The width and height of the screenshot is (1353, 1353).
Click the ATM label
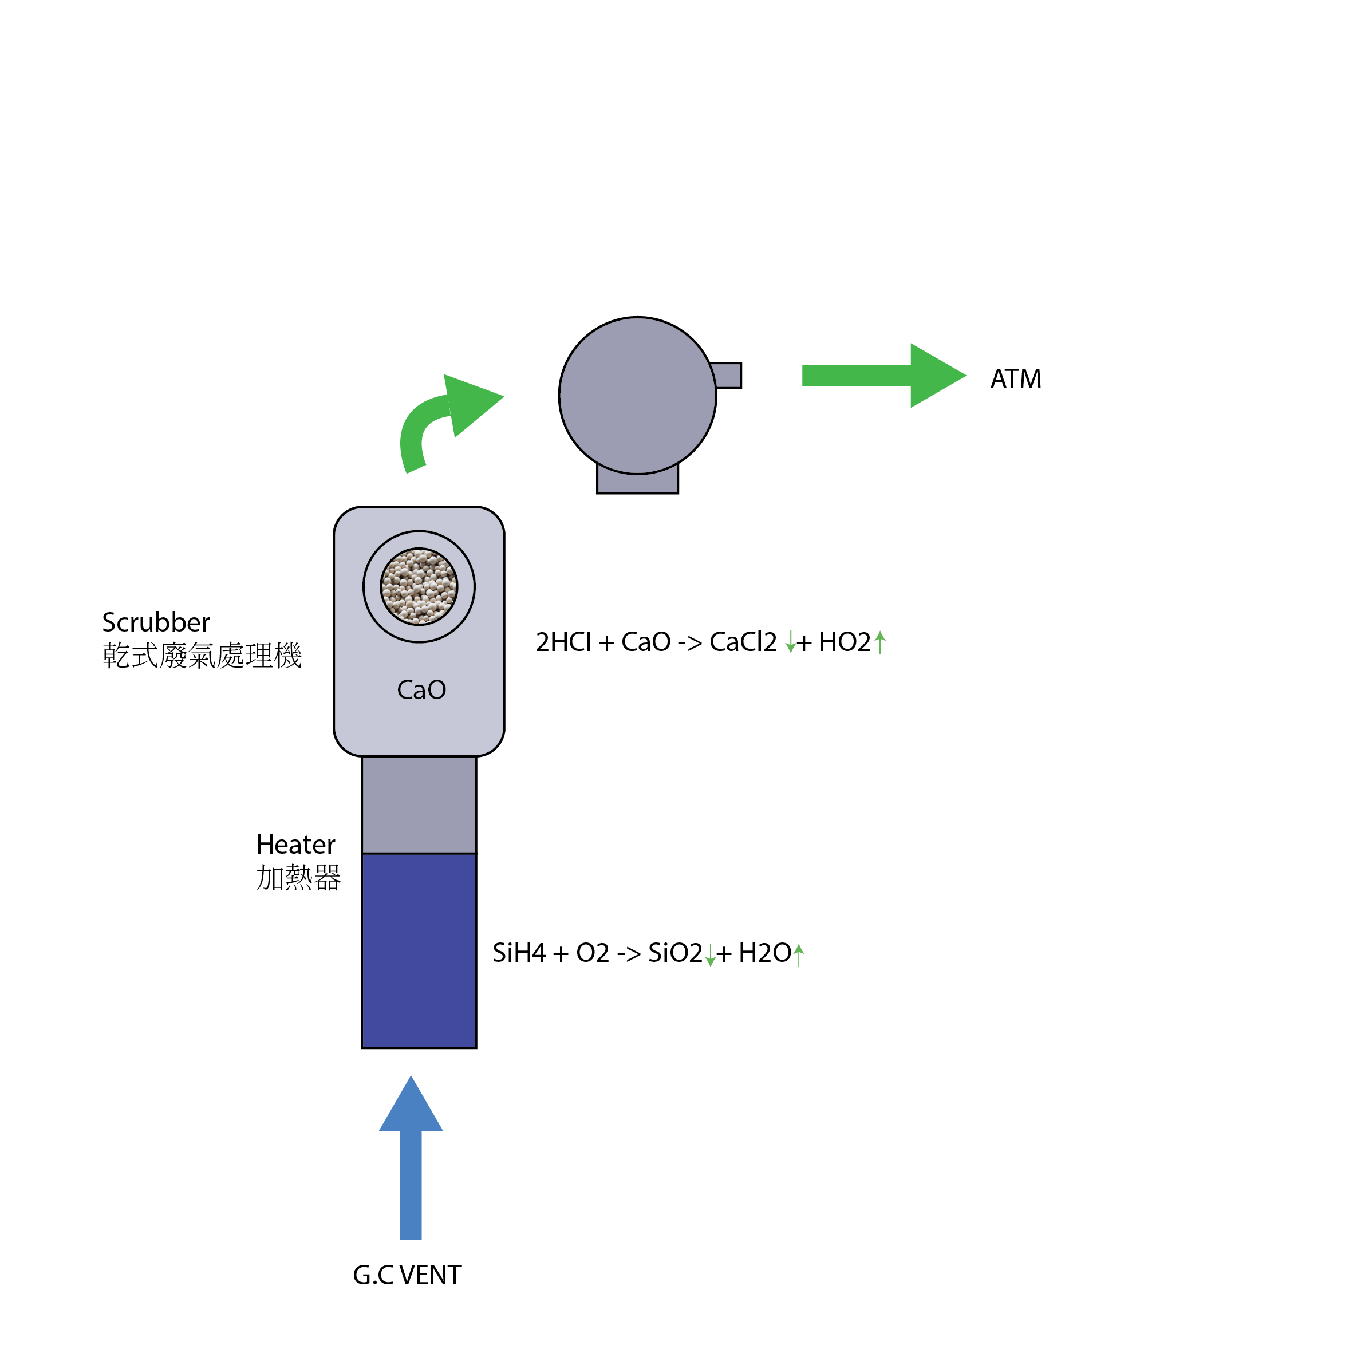click(x=1015, y=379)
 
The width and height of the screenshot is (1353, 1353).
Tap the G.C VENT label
click(x=407, y=1275)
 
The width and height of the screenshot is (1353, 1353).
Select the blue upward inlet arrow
click(x=411, y=1162)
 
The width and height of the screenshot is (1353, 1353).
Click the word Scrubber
click(x=156, y=622)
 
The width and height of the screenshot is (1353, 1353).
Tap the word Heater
click(x=295, y=845)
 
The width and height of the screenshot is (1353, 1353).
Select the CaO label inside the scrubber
click(x=421, y=690)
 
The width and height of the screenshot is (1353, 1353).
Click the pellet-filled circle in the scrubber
click(x=419, y=586)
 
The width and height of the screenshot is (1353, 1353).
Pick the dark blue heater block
click(x=419, y=950)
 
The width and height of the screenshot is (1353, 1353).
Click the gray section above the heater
click(x=419, y=804)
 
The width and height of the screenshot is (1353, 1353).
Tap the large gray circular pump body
click(x=637, y=396)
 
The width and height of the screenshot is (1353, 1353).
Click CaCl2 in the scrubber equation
click(x=742, y=641)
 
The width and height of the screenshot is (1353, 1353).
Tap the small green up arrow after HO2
click(x=880, y=641)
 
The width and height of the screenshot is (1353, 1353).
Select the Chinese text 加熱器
click(x=298, y=878)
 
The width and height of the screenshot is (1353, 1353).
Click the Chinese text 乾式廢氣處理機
click(x=202, y=656)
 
